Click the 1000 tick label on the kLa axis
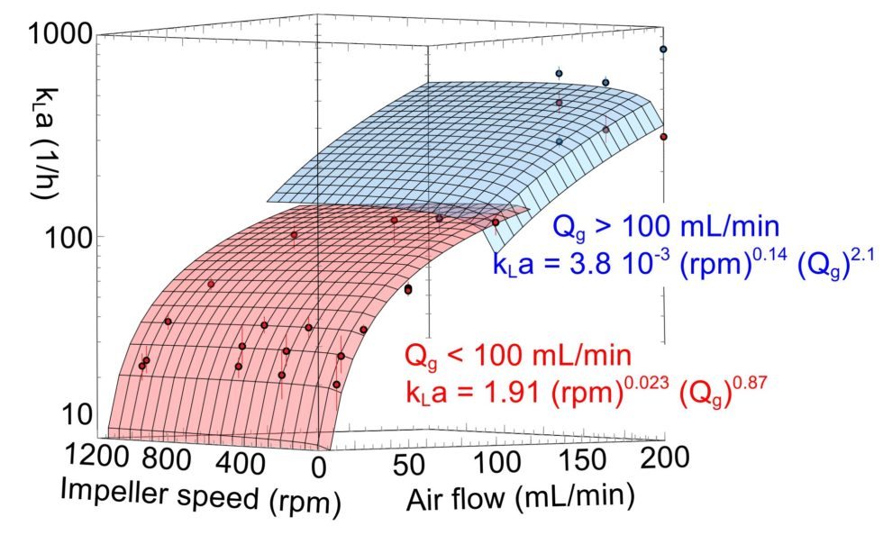point(60,35)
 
